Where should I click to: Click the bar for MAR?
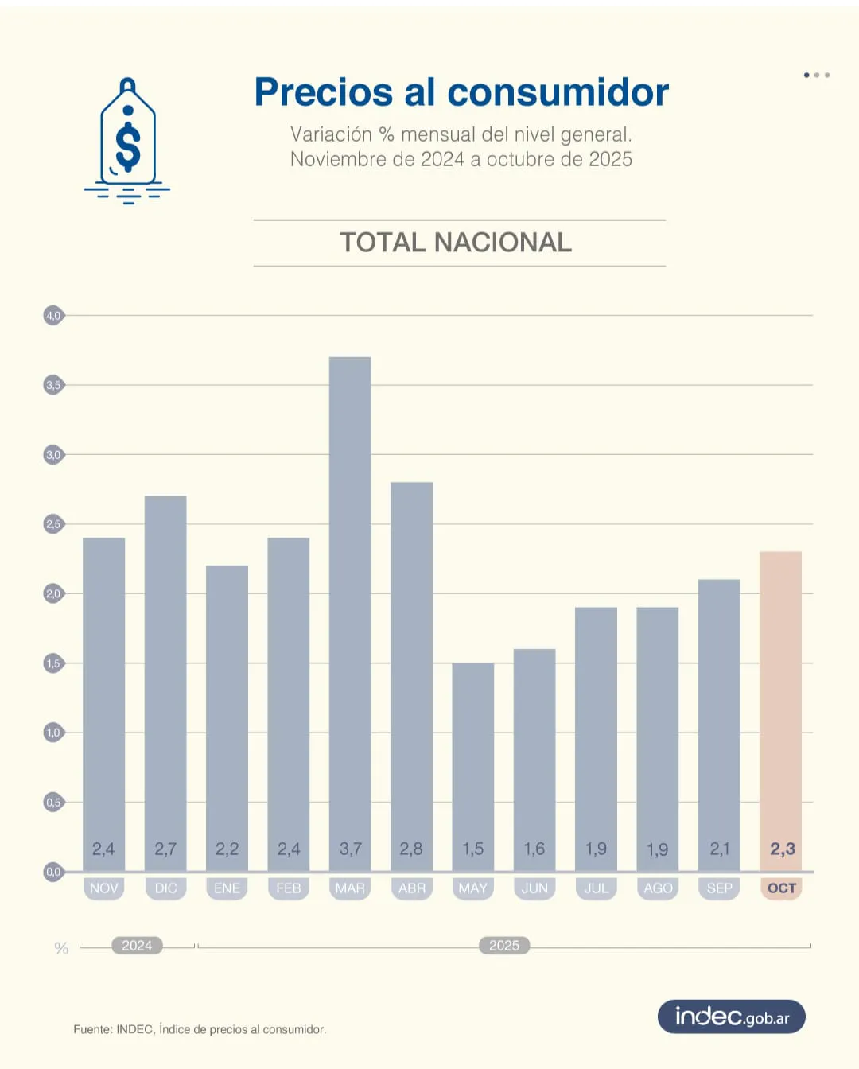click(350, 612)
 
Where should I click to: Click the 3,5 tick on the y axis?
click(53, 385)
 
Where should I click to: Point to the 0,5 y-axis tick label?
click(53, 803)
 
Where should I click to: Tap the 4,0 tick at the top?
click(53, 316)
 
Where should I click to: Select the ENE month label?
click(227, 888)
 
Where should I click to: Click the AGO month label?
click(658, 888)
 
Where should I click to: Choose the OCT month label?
click(781, 888)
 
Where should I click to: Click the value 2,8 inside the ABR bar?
click(411, 849)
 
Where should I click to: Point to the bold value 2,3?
click(782, 849)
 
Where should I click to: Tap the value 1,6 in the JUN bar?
click(534, 849)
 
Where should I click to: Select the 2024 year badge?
click(137, 946)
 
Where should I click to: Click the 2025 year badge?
click(504, 946)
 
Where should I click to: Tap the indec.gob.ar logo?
click(732, 1017)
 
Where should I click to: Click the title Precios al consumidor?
click(461, 92)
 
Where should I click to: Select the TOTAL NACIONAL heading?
click(456, 243)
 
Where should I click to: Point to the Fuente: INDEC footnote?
click(200, 1029)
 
